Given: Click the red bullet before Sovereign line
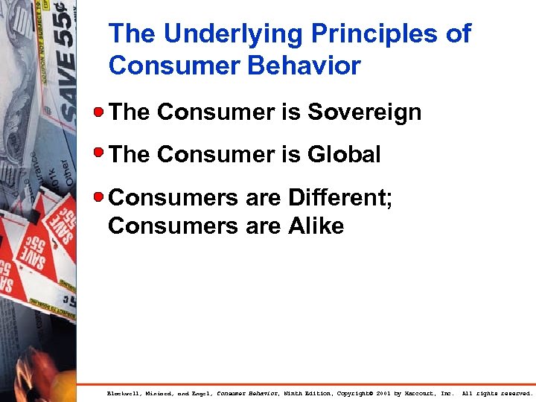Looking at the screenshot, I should click(99, 112).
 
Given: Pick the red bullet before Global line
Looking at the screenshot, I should click(99, 154).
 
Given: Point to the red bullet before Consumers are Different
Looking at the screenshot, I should click(99, 197).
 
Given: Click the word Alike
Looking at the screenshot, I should click(316, 226).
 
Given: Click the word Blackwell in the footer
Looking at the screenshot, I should click(124, 392).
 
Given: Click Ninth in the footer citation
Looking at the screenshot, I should click(296, 392).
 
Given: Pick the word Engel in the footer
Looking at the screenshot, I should click(201, 392).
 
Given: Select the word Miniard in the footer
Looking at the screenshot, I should click(161, 392).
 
